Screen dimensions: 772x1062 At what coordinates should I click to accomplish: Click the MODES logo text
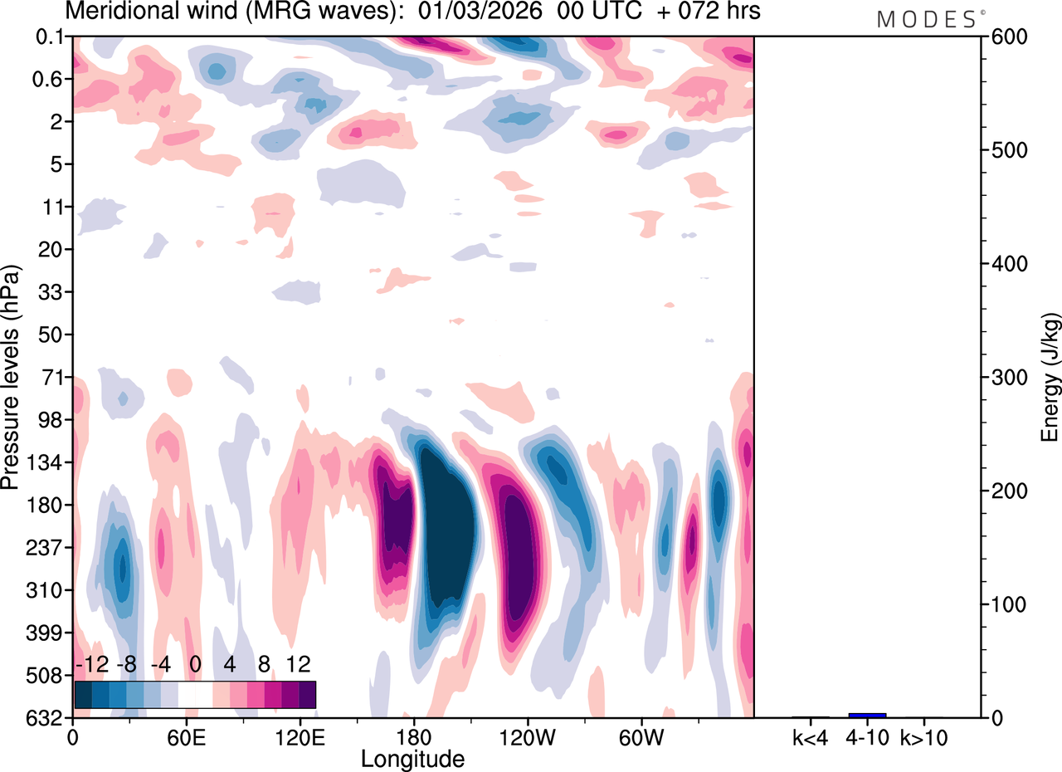pos(926,19)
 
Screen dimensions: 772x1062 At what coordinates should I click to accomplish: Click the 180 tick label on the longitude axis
pos(412,735)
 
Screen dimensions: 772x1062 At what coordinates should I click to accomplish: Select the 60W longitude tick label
pos(641,735)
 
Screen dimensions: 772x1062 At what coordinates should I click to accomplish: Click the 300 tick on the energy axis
pos(1006,378)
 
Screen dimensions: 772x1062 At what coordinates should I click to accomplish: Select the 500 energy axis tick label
pos(1006,151)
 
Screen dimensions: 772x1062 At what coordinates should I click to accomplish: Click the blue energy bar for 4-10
pos(867,715)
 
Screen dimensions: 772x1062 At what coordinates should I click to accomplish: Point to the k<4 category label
pos(811,735)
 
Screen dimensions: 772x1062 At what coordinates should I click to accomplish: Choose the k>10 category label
pos(924,735)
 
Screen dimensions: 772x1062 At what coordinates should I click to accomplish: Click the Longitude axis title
pos(412,758)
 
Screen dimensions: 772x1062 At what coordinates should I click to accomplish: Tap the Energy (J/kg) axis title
pos(1051,378)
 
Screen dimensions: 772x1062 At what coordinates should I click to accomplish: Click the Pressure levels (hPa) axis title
pos(11,378)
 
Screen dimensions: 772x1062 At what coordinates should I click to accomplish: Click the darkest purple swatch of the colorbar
pos(307,694)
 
